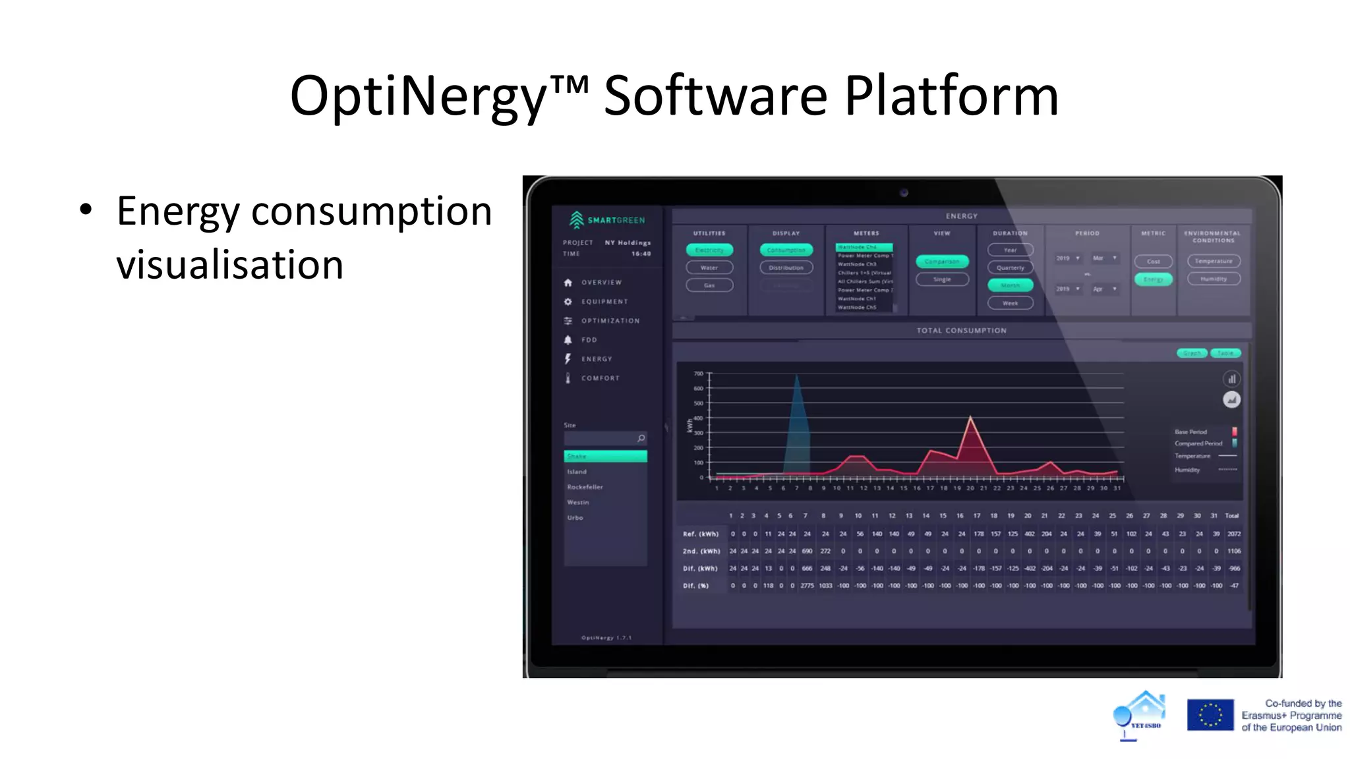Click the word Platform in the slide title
coord(951,96)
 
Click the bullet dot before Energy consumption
coord(86,210)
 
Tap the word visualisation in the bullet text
coord(230,265)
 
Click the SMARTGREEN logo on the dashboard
coord(607,219)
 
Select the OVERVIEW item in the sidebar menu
coord(601,283)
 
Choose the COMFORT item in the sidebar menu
coord(600,378)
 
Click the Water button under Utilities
coord(709,267)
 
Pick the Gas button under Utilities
coord(709,285)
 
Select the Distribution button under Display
coord(786,267)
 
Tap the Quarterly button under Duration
coord(1010,267)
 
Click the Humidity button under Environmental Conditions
coord(1214,279)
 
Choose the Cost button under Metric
coord(1153,262)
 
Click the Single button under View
coord(942,279)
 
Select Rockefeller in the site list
coord(585,487)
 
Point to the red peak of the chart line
coord(970,417)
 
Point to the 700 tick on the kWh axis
coord(699,374)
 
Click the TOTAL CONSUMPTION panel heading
coord(961,331)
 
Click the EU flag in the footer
coord(1210,715)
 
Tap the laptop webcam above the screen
coord(904,193)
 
